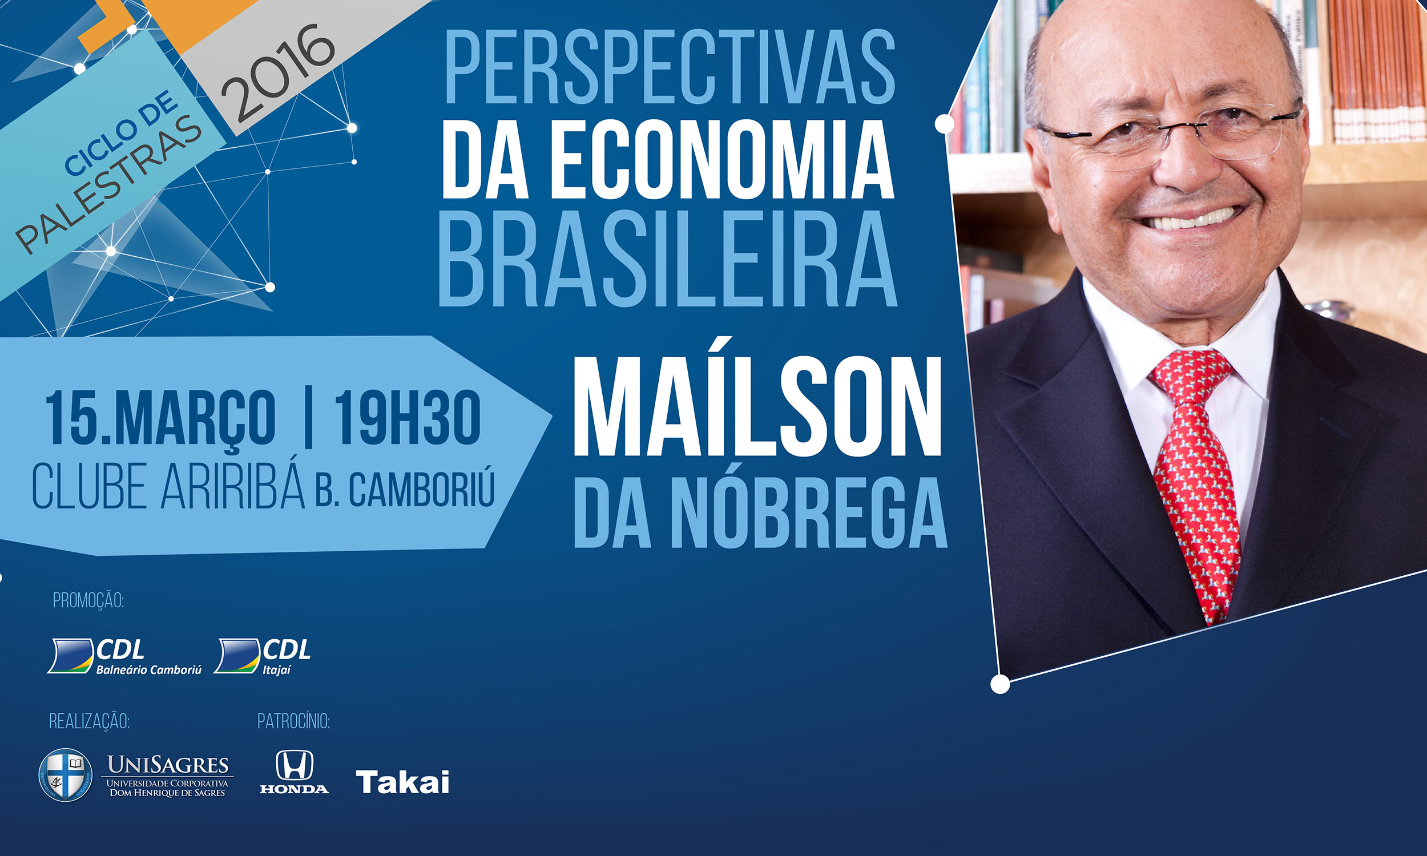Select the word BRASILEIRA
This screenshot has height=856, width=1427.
(668, 259)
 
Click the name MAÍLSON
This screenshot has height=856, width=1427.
(757, 407)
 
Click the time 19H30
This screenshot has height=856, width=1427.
(407, 417)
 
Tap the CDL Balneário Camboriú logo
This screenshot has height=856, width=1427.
(124, 656)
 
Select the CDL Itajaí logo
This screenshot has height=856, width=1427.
(263, 656)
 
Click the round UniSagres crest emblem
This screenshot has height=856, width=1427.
(65, 774)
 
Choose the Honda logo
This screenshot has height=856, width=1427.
(294, 772)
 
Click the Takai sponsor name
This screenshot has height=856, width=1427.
(402, 782)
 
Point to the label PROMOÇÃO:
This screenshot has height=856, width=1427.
(88, 600)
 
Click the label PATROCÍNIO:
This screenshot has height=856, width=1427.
(293, 721)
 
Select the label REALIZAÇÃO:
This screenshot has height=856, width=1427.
(89, 721)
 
